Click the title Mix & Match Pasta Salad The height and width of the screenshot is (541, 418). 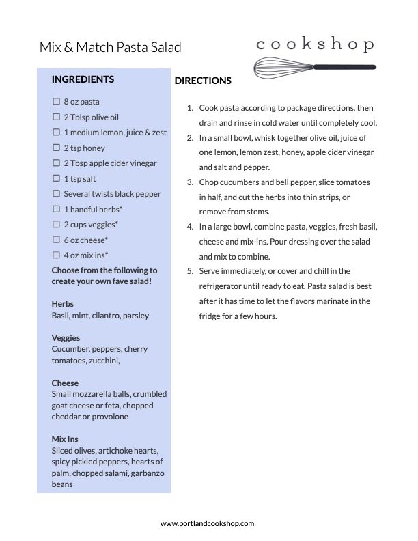pos(110,47)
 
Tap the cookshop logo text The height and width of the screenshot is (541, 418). pos(315,45)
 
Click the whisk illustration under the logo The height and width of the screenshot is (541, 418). pos(313,68)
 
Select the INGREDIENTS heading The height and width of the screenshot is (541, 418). pos(83,79)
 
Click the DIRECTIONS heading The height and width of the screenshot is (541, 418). pos(203,81)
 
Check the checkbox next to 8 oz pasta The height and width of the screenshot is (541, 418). pos(57,101)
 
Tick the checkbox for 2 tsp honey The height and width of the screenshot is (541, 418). pos(57,148)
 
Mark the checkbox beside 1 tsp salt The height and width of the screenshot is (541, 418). pos(57,178)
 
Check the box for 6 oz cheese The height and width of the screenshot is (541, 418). pos(57,240)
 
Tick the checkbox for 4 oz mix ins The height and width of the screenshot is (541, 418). pos(57,255)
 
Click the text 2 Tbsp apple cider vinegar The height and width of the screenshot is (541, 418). pos(110,163)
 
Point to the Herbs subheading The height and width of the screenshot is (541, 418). pos(62,303)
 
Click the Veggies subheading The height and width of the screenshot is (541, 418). pos(66,337)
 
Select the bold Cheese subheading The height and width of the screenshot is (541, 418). pos(65,383)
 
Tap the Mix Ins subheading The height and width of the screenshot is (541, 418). pos(65,439)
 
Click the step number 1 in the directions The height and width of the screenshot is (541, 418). pos(190,108)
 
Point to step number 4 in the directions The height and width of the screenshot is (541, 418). pos(190,227)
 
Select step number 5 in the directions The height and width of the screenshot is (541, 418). pos(190,271)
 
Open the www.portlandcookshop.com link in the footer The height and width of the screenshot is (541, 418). pos(207,523)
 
